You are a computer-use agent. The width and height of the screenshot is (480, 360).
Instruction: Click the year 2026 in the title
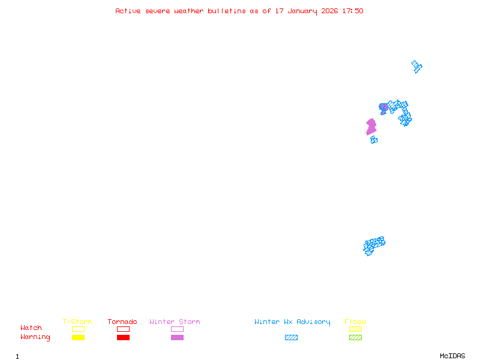[x=329, y=11]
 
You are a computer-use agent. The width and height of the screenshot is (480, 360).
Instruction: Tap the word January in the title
[x=302, y=11]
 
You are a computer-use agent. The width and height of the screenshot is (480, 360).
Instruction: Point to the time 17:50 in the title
[x=353, y=11]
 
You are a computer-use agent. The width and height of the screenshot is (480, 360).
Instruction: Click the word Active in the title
[x=128, y=11]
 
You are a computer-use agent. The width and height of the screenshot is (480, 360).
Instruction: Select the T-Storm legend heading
[x=77, y=322]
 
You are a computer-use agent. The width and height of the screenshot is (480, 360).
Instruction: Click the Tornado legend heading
[x=122, y=322]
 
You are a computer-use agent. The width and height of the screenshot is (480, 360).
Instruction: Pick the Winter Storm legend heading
[x=175, y=322]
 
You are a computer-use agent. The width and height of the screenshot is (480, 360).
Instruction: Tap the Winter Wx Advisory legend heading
[x=292, y=322]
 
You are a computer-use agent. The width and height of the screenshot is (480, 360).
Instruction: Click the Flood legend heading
[x=355, y=322]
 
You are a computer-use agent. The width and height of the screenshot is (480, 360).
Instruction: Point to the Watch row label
[x=31, y=328]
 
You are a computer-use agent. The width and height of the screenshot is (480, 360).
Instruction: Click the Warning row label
[x=35, y=337]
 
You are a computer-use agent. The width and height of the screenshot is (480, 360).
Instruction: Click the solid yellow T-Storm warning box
[x=79, y=337]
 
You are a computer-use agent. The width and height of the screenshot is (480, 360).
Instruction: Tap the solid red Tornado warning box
[x=124, y=337]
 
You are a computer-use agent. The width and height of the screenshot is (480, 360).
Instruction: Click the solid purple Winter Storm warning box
[x=177, y=337]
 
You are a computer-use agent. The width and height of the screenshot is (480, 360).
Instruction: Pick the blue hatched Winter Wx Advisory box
[x=291, y=337]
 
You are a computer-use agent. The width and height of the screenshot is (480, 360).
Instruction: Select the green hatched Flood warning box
[x=355, y=337]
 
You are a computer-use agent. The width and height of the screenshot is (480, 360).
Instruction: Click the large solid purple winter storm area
[x=371, y=127]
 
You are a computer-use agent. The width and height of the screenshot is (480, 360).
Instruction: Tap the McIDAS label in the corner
[x=452, y=356]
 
